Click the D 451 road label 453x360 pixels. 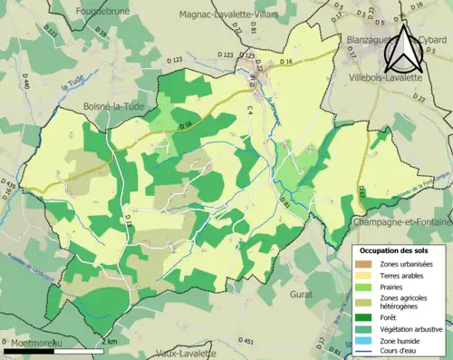[x=246, y=340]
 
